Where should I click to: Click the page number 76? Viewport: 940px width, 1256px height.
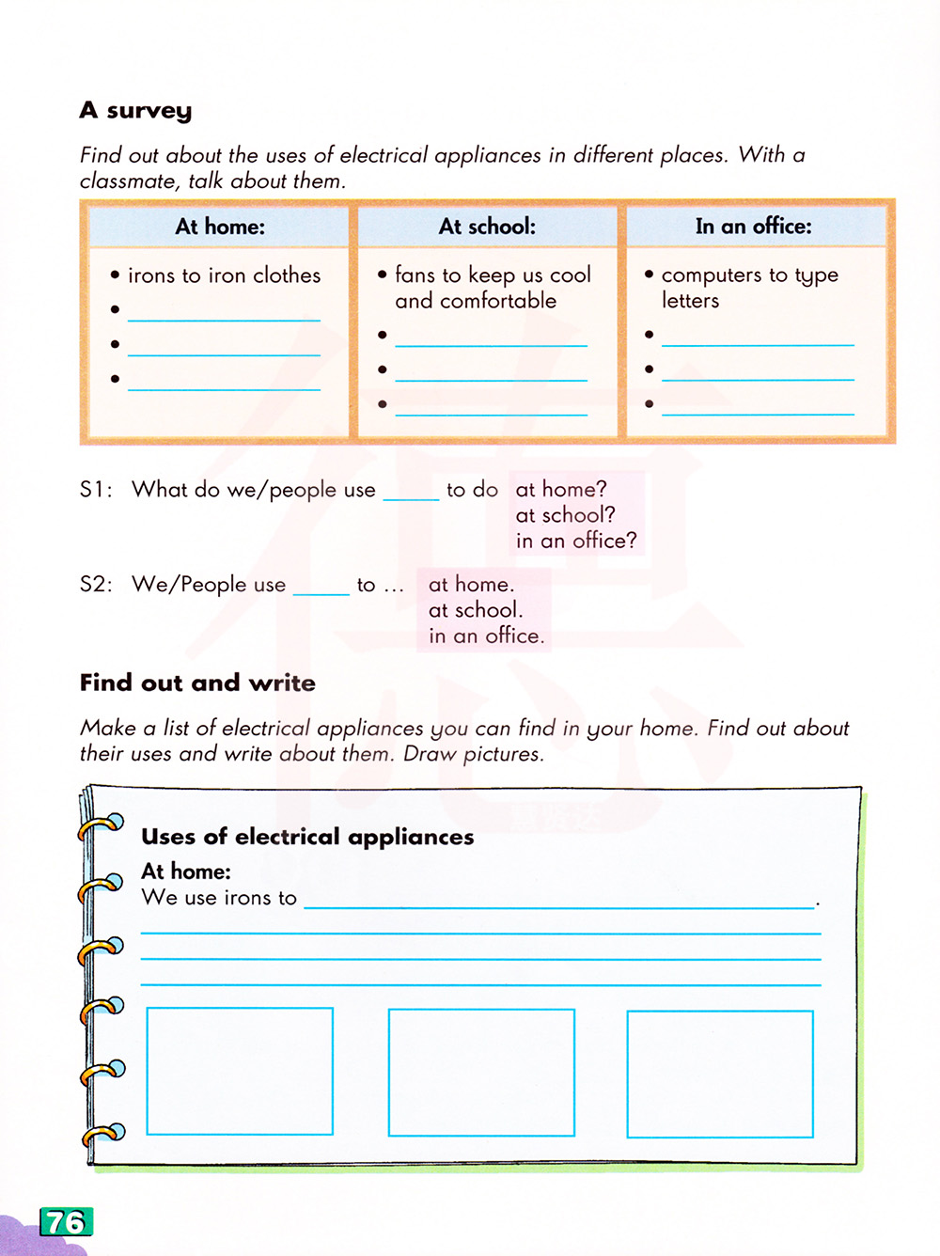click(66, 1222)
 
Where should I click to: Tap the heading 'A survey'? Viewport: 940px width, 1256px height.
click(135, 111)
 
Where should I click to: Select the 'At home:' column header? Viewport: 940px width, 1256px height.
click(220, 227)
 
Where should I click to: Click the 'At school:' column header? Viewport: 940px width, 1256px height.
click(487, 227)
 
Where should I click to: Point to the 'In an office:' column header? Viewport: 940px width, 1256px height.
click(753, 227)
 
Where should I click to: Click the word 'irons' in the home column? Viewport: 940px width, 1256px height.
click(151, 275)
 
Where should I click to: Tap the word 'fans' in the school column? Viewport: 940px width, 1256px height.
click(415, 275)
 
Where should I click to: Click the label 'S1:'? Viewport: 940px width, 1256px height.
click(96, 490)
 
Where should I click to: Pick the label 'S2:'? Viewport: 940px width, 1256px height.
click(96, 585)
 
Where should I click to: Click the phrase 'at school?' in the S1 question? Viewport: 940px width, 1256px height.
click(565, 515)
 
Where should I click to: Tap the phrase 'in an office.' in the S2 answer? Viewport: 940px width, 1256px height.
click(486, 636)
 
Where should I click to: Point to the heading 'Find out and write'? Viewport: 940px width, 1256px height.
click(197, 683)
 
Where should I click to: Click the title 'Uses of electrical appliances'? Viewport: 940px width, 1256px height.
click(307, 837)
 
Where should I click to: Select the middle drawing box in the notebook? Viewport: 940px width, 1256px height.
click(481, 1073)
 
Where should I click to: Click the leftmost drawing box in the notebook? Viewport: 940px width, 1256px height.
click(240, 1071)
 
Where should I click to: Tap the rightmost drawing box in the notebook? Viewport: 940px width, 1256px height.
click(720, 1074)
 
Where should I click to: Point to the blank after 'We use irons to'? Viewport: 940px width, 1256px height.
click(559, 901)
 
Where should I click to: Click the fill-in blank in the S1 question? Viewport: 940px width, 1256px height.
click(411, 493)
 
